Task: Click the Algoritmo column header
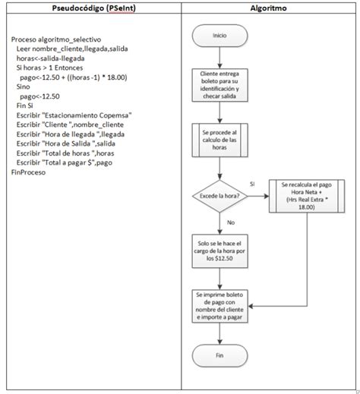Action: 268,8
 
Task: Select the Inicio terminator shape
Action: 219,35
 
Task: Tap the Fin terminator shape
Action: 219,355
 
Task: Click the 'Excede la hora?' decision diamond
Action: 219,195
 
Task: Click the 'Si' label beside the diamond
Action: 252,184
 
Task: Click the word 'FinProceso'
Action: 29,172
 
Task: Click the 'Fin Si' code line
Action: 27,106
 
